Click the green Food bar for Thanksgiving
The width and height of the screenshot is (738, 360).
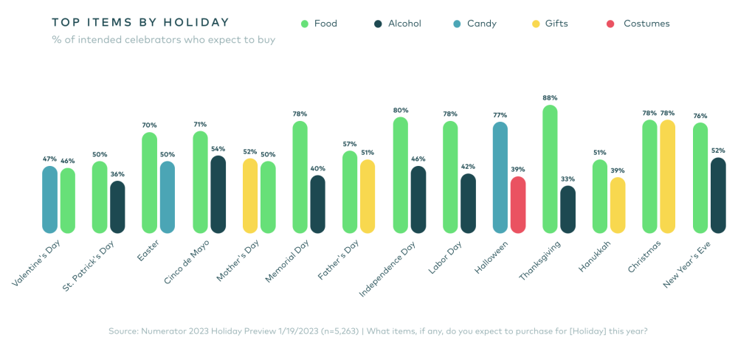(x=550, y=170)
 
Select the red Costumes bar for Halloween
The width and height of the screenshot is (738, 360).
(x=518, y=205)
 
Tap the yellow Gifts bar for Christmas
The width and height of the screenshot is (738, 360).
(x=667, y=177)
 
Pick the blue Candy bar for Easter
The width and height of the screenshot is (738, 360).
(x=168, y=198)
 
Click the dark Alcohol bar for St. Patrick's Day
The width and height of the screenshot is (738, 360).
(x=117, y=207)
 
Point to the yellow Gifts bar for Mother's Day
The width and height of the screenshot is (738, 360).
(x=250, y=196)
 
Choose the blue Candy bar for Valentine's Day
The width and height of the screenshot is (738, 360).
(x=49, y=200)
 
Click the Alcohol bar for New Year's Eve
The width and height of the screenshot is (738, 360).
(x=718, y=195)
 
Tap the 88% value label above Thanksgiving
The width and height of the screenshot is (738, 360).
(x=550, y=97)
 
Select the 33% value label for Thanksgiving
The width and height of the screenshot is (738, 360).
(x=568, y=179)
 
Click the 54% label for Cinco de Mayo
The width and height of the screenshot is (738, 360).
(x=218, y=148)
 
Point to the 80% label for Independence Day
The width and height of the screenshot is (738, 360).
(x=401, y=110)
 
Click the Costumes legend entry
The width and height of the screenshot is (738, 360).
(x=639, y=24)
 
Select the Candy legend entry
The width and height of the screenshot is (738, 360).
(x=475, y=24)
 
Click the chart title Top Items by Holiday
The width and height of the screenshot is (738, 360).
(x=140, y=23)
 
